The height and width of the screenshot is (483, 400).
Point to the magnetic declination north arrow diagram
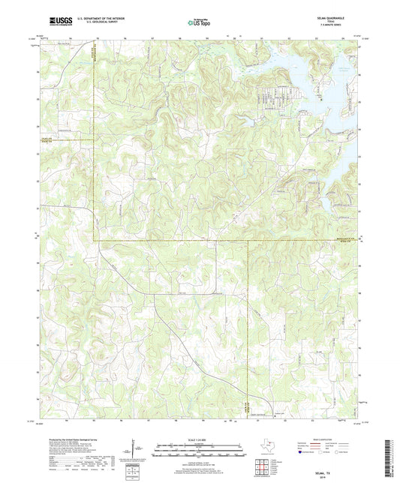point(137,450)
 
